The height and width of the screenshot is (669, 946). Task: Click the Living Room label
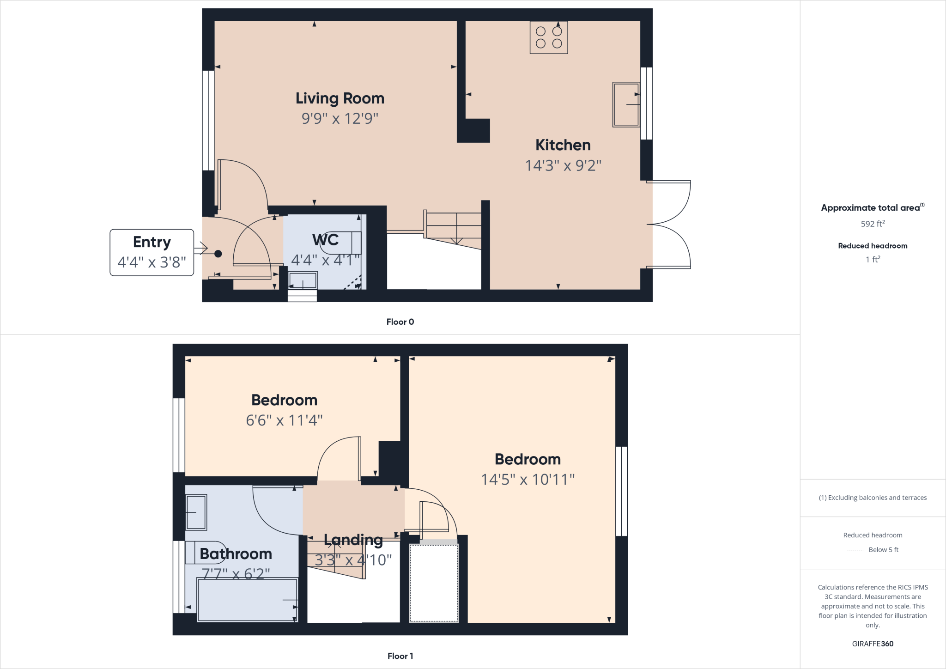click(340, 98)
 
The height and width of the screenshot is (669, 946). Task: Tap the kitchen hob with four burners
click(549, 37)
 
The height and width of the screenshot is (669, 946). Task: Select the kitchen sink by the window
click(626, 104)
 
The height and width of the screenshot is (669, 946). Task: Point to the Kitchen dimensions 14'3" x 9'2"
click(563, 165)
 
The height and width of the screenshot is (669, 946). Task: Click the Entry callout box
click(152, 252)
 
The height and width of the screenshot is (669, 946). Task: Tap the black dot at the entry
click(218, 254)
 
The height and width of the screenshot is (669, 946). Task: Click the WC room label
click(325, 240)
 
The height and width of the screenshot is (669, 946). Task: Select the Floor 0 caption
click(400, 322)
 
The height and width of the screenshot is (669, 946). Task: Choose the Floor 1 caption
click(400, 656)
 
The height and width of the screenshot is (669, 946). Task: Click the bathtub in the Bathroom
click(247, 600)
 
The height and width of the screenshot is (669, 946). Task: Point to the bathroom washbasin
click(196, 512)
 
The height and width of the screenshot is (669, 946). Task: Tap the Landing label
click(353, 540)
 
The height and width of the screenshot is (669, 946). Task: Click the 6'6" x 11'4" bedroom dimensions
click(284, 420)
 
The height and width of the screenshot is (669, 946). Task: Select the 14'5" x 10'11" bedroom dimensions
click(528, 480)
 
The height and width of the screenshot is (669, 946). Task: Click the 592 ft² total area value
click(873, 224)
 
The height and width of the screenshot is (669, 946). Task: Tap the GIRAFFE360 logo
click(873, 644)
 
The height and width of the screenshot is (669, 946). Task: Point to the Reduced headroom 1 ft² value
click(873, 260)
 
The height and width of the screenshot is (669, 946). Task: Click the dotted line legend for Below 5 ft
click(855, 550)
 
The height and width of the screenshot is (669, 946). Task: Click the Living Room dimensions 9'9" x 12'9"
click(340, 119)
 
